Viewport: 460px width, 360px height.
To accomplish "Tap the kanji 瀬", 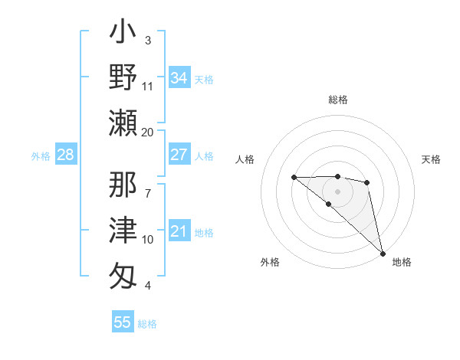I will [x=123, y=122].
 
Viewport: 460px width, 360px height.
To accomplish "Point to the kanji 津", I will [x=123, y=229].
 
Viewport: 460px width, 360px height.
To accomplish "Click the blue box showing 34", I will [x=179, y=77].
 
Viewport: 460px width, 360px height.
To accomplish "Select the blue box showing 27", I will [x=179, y=155].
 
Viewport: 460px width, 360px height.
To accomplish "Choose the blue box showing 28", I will [x=65, y=155].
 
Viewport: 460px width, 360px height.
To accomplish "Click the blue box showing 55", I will [x=123, y=322].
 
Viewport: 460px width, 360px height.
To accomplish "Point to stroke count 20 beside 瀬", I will [x=148, y=132].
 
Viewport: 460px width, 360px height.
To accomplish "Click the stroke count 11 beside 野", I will [x=148, y=86].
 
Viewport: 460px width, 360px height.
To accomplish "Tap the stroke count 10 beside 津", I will [x=148, y=239].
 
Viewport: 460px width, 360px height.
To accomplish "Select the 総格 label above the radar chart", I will [x=338, y=99].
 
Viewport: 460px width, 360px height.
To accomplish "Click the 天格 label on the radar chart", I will [x=431, y=159].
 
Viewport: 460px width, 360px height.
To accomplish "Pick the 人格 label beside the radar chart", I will [x=245, y=159].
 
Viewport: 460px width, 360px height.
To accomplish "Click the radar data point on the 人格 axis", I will [x=294, y=178].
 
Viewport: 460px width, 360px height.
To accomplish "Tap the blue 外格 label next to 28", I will [x=41, y=156].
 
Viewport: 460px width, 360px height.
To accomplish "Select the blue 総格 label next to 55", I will [x=147, y=323].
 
